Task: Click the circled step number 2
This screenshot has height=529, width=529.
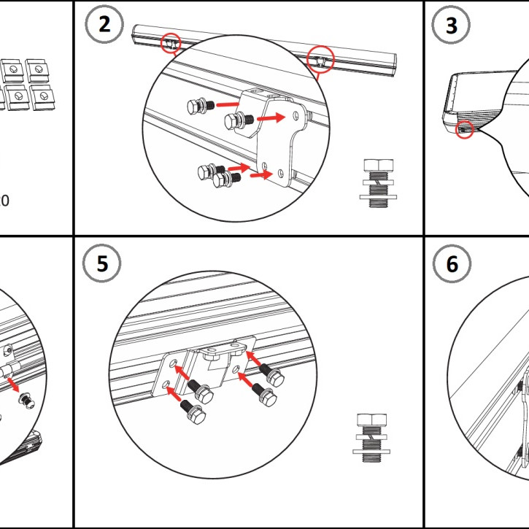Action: [x=105, y=25]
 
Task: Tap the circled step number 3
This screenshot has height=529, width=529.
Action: [x=452, y=26]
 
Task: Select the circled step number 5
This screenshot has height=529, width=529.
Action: [x=103, y=264]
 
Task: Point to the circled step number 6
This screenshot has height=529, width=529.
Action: [x=452, y=264]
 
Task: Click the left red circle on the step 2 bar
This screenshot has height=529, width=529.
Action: [x=170, y=43]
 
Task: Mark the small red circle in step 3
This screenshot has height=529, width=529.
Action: [x=464, y=130]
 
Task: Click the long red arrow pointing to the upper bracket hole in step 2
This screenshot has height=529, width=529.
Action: [x=274, y=117]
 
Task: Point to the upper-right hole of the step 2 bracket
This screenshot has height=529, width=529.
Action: [x=295, y=115]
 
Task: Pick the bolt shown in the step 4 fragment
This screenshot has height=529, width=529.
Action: [x=26, y=398]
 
